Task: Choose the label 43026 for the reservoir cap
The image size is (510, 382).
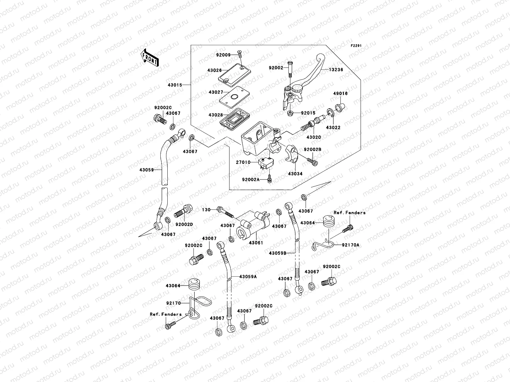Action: [x=215, y=71]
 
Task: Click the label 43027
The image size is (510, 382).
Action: [x=215, y=92]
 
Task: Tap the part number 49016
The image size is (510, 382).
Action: [x=341, y=94]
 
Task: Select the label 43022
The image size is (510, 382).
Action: [x=333, y=128]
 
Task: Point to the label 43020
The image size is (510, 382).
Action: [x=314, y=137]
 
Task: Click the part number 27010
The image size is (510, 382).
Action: [x=243, y=162]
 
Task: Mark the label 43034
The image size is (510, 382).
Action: [x=295, y=174]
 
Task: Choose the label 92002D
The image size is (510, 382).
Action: [x=184, y=224]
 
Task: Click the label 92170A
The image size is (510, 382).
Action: [x=351, y=245]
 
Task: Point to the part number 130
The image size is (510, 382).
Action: [x=206, y=209]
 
